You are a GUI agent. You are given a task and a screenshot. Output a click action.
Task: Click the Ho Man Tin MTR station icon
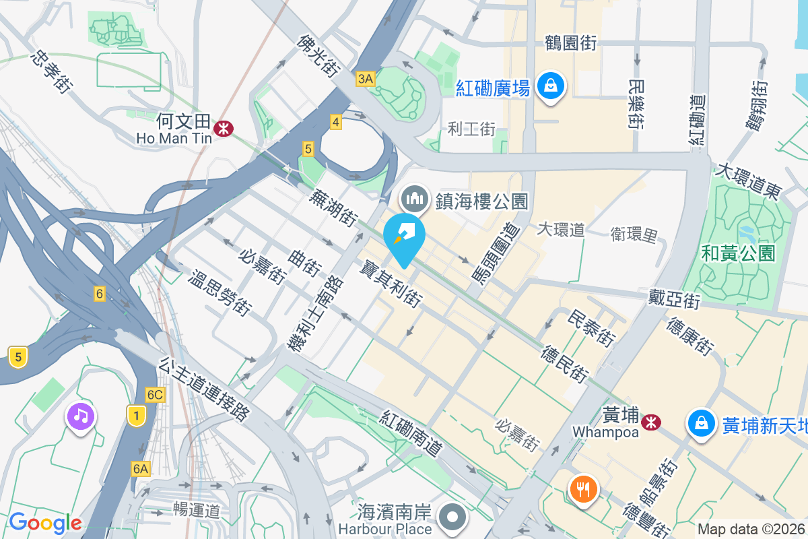pos(220,127)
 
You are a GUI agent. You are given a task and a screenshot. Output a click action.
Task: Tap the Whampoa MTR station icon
pos(650,422)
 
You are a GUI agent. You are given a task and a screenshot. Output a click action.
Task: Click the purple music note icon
pos(81,416)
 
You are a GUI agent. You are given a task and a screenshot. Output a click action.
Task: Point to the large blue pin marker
pos(404,237)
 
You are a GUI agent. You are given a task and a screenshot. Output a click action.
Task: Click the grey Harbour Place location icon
pos(453,518)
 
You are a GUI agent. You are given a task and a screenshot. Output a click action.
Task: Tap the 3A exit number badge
pos(365,80)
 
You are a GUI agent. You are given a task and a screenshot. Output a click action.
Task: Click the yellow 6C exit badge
pos(155,395)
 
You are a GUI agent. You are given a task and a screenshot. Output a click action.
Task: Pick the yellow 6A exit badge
pos(140,468)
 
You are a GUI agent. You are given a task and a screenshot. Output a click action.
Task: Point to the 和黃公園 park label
pos(738,253)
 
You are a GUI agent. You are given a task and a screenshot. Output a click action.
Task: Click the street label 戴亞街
pos(675,297)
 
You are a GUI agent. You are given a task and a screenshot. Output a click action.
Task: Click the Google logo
pos(45,522)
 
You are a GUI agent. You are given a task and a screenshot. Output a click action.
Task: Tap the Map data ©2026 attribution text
pos(750,529)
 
